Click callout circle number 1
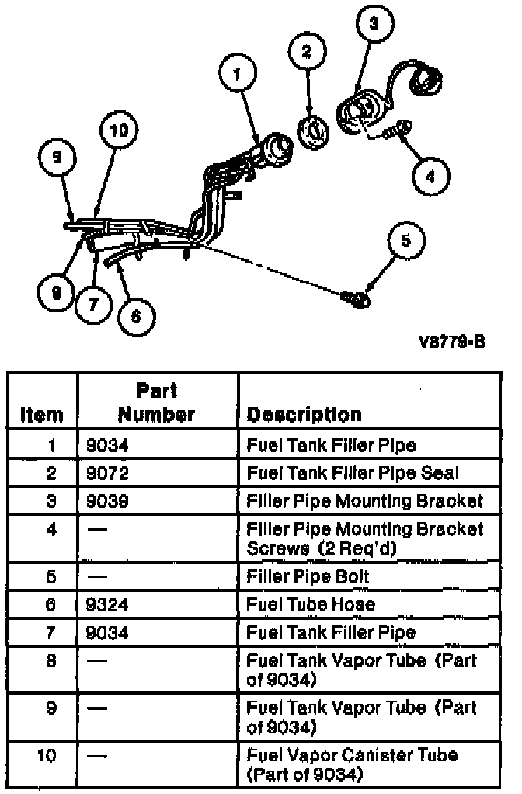click(x=238, y=74)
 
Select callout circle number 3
click(x=374, y=24)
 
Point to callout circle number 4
click(x=430, y=176)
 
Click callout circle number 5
click(x=405, y=242)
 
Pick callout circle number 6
click(x=135, y=315)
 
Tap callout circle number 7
click(x=94, y=305)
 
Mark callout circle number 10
click(x=118, y=131)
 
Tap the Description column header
click(x=304, y=415)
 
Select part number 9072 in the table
click(x=107, y=472)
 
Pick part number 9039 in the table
click(x=107, y=500)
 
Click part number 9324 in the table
click(x=107, y=604)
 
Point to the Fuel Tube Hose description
click(x=311, y=604)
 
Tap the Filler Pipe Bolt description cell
click(x=308, y=576)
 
